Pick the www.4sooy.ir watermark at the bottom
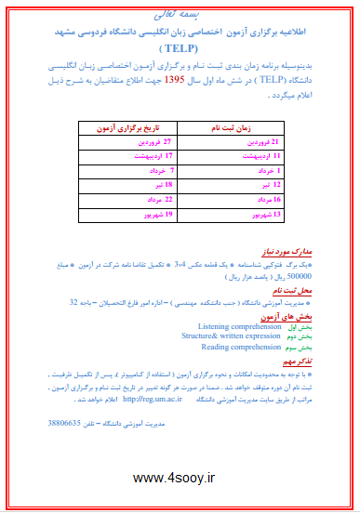click(180, 478)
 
